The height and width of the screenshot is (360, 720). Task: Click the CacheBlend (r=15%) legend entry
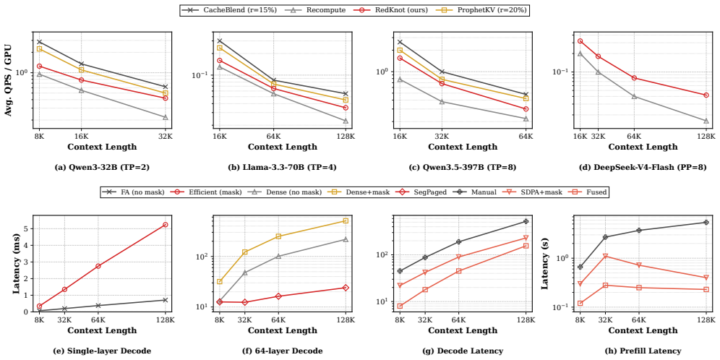tap(229, 9)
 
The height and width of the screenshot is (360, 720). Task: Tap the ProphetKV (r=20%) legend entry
tap(484, 9)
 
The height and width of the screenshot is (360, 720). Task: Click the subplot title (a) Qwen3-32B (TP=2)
tap(101, 168)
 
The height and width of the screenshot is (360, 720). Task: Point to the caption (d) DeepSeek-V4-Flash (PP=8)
tap(640, 168)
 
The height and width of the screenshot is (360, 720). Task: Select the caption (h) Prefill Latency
tap(640, 351)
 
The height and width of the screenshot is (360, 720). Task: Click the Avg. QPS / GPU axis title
tap(9, 78)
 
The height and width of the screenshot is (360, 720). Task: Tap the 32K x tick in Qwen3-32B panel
tap(165, 137)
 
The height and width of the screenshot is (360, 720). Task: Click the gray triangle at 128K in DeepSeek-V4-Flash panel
tap(706, 121)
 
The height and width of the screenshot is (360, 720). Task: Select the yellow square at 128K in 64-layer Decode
tap(346, 221)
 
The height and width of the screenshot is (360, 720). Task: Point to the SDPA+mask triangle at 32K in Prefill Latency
tap(605, 256)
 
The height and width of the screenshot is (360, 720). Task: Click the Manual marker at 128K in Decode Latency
tap(526, 221)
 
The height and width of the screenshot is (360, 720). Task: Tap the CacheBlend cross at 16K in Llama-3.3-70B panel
tap(220, 41)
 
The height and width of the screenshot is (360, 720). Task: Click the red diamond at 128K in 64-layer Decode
tap(346, 288)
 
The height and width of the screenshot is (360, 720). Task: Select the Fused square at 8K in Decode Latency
tap(400, 307)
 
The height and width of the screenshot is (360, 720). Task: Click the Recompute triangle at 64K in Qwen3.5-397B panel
tap(526, 119)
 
